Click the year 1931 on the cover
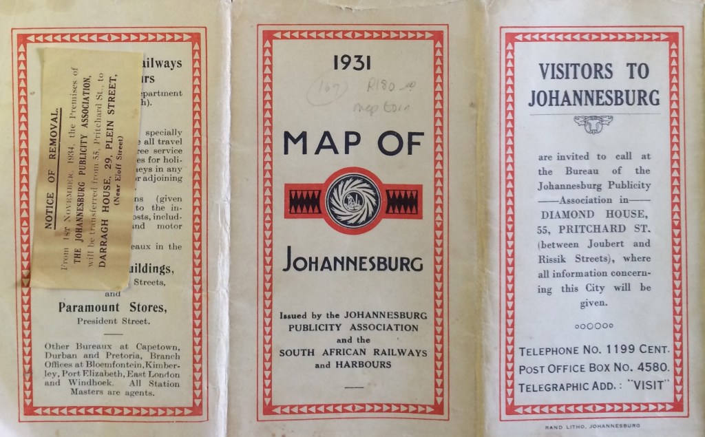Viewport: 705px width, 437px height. pyautogui.click(x=352, y=63)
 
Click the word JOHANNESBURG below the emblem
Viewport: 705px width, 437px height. pyautogui.click(x=353, y=264)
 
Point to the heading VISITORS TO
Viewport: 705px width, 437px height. pyautogui.click(x=593, y=71)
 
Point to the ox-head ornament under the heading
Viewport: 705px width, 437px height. pyautogui.click(x=593, y=124)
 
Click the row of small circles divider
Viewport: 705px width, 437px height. pyautogui.click(x=593, y=326)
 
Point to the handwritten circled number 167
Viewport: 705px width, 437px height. pyautogui.click(x=326, y=90)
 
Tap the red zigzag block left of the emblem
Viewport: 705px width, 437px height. pyautogui.click(x=304, y=201)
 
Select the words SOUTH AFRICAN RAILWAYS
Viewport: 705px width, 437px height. pyautogui.click(x=353, y=352)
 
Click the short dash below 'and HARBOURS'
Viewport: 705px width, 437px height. pyautogui.click(x=352, y=387)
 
